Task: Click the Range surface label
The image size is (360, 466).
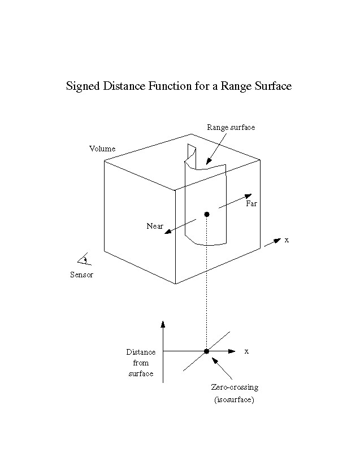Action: click(x=231, y=127)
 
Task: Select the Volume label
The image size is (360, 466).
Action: click(x=102, y=149)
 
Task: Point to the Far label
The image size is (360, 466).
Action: click(x=251, y=204)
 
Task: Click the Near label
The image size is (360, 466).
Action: click(x=154, y=226)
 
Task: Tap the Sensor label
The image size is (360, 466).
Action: click(x=82, y=275)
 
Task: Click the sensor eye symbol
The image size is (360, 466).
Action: click(x=83, y=259)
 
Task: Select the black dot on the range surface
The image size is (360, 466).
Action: click(x=207, y=214)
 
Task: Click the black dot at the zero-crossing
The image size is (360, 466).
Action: click(x=206, y=351)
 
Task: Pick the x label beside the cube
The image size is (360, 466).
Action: click(x=287, y=240)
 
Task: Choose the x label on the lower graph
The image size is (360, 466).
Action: click(x=246, y=351)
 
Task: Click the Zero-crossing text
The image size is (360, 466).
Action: click(x=235, y=387)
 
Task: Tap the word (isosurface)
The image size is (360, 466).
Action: click(x=235, y=400)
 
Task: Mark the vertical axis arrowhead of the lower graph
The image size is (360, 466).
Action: click(x=163, y=324)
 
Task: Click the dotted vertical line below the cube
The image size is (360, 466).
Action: click(x=207, y=282)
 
